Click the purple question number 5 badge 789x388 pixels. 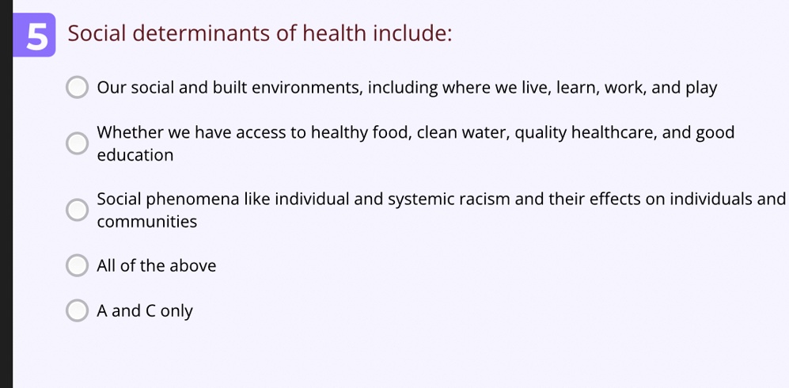point(34,35)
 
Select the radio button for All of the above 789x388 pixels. point(77,265)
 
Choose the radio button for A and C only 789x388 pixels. point(77,310)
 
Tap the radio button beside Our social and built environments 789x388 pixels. point(77,87)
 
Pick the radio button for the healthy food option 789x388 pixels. point(77,143)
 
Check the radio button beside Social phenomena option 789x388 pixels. point(77,209)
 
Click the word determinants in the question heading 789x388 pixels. point(201,33)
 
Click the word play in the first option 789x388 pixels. point(701,89)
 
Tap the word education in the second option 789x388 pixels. point(135,155)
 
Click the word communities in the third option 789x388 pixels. point(147,222)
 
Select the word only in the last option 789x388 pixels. point(176,311)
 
